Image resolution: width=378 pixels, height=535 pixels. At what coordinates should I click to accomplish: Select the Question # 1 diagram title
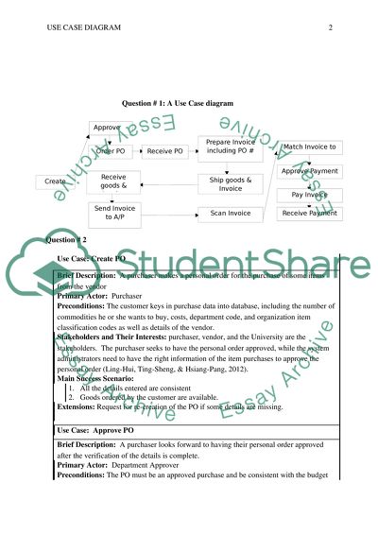pos(178,102)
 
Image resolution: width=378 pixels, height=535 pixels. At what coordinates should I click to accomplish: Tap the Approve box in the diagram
pos(106,127)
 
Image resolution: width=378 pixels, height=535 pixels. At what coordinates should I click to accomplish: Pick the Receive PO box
pos(165,149)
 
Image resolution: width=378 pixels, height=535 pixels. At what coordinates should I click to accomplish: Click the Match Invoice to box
pos(310,147)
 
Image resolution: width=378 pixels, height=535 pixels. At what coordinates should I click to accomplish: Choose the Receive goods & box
pos(114,181)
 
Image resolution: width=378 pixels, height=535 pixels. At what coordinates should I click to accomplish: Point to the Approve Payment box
pos(310,171)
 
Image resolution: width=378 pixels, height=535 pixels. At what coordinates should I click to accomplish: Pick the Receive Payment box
pos(310,214)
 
